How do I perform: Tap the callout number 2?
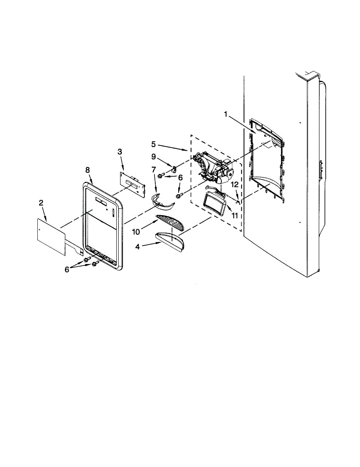(x=41, y=203)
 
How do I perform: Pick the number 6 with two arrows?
(x=67, y=269)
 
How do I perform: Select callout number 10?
(x=136, y=232)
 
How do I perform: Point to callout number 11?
(x=235, y=215)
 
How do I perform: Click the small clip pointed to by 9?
(x=174, y=169)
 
